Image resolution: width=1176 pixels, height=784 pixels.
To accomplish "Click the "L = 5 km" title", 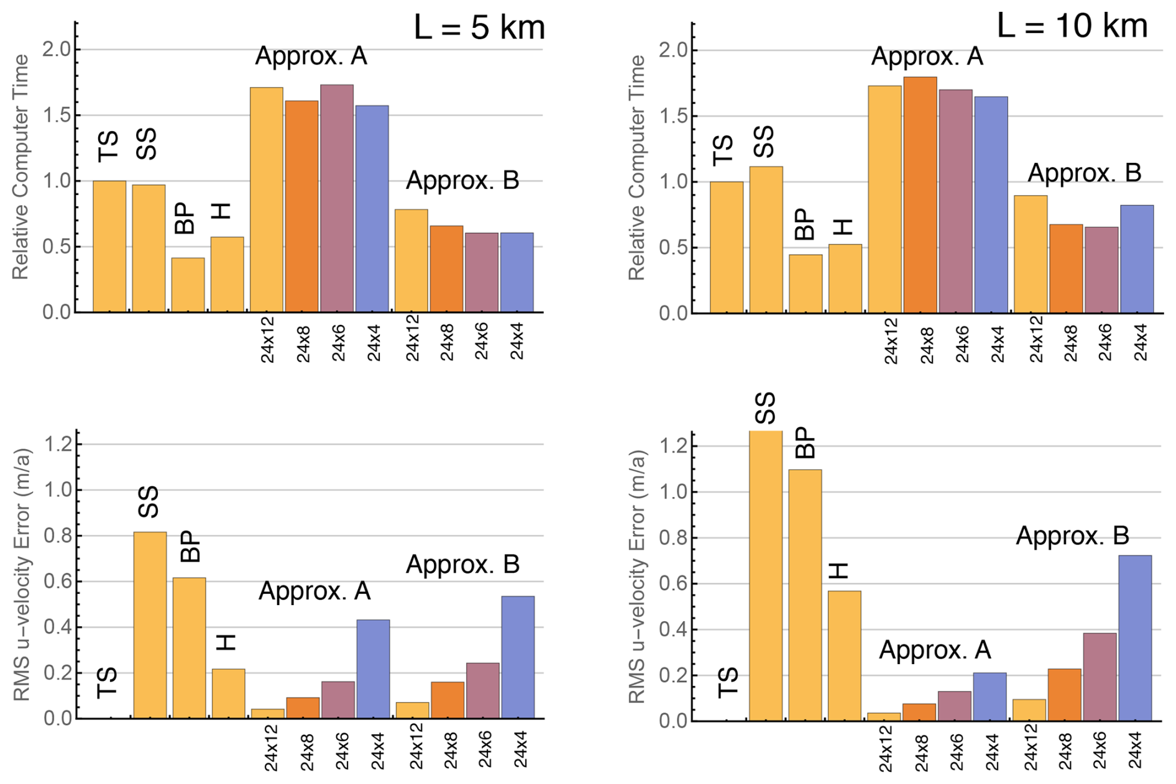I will (x=479, y=28).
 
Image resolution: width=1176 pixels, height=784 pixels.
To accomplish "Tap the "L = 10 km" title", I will (x=1072, y=26).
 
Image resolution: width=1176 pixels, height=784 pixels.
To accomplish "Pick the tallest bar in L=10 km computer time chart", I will (x=920, y=194).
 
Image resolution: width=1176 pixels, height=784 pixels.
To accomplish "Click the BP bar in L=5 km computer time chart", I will (x=188, y=285).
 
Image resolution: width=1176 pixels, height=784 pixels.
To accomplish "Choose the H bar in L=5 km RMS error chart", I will (x=228, y=693).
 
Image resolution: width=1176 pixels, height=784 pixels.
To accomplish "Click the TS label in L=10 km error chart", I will (x=728, y=682).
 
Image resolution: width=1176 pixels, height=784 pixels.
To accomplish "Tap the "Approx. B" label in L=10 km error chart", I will (x=1072, y=536).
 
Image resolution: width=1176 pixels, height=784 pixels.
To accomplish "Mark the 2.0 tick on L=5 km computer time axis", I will (x=57, y=50).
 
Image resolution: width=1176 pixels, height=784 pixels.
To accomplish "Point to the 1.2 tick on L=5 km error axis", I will (x=58, y=444).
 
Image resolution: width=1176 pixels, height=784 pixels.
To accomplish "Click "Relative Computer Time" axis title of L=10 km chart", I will (x=636, y=168).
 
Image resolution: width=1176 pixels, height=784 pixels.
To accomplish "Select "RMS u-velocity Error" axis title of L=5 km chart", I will (x=21, y=575).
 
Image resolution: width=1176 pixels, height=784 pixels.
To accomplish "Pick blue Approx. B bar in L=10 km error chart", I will (x=1134, y=637).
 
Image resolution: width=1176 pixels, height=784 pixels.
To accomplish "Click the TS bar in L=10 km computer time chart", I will (x=726, y=247).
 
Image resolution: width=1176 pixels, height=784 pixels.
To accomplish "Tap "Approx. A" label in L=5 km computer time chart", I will (x=311, y=57).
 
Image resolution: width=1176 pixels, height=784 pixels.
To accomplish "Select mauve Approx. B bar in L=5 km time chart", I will (x=481, y=272).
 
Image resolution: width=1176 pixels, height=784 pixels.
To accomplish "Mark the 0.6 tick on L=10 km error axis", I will (x=674, y=584).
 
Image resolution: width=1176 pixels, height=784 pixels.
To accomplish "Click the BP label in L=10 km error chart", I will (x=805, y=442).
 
